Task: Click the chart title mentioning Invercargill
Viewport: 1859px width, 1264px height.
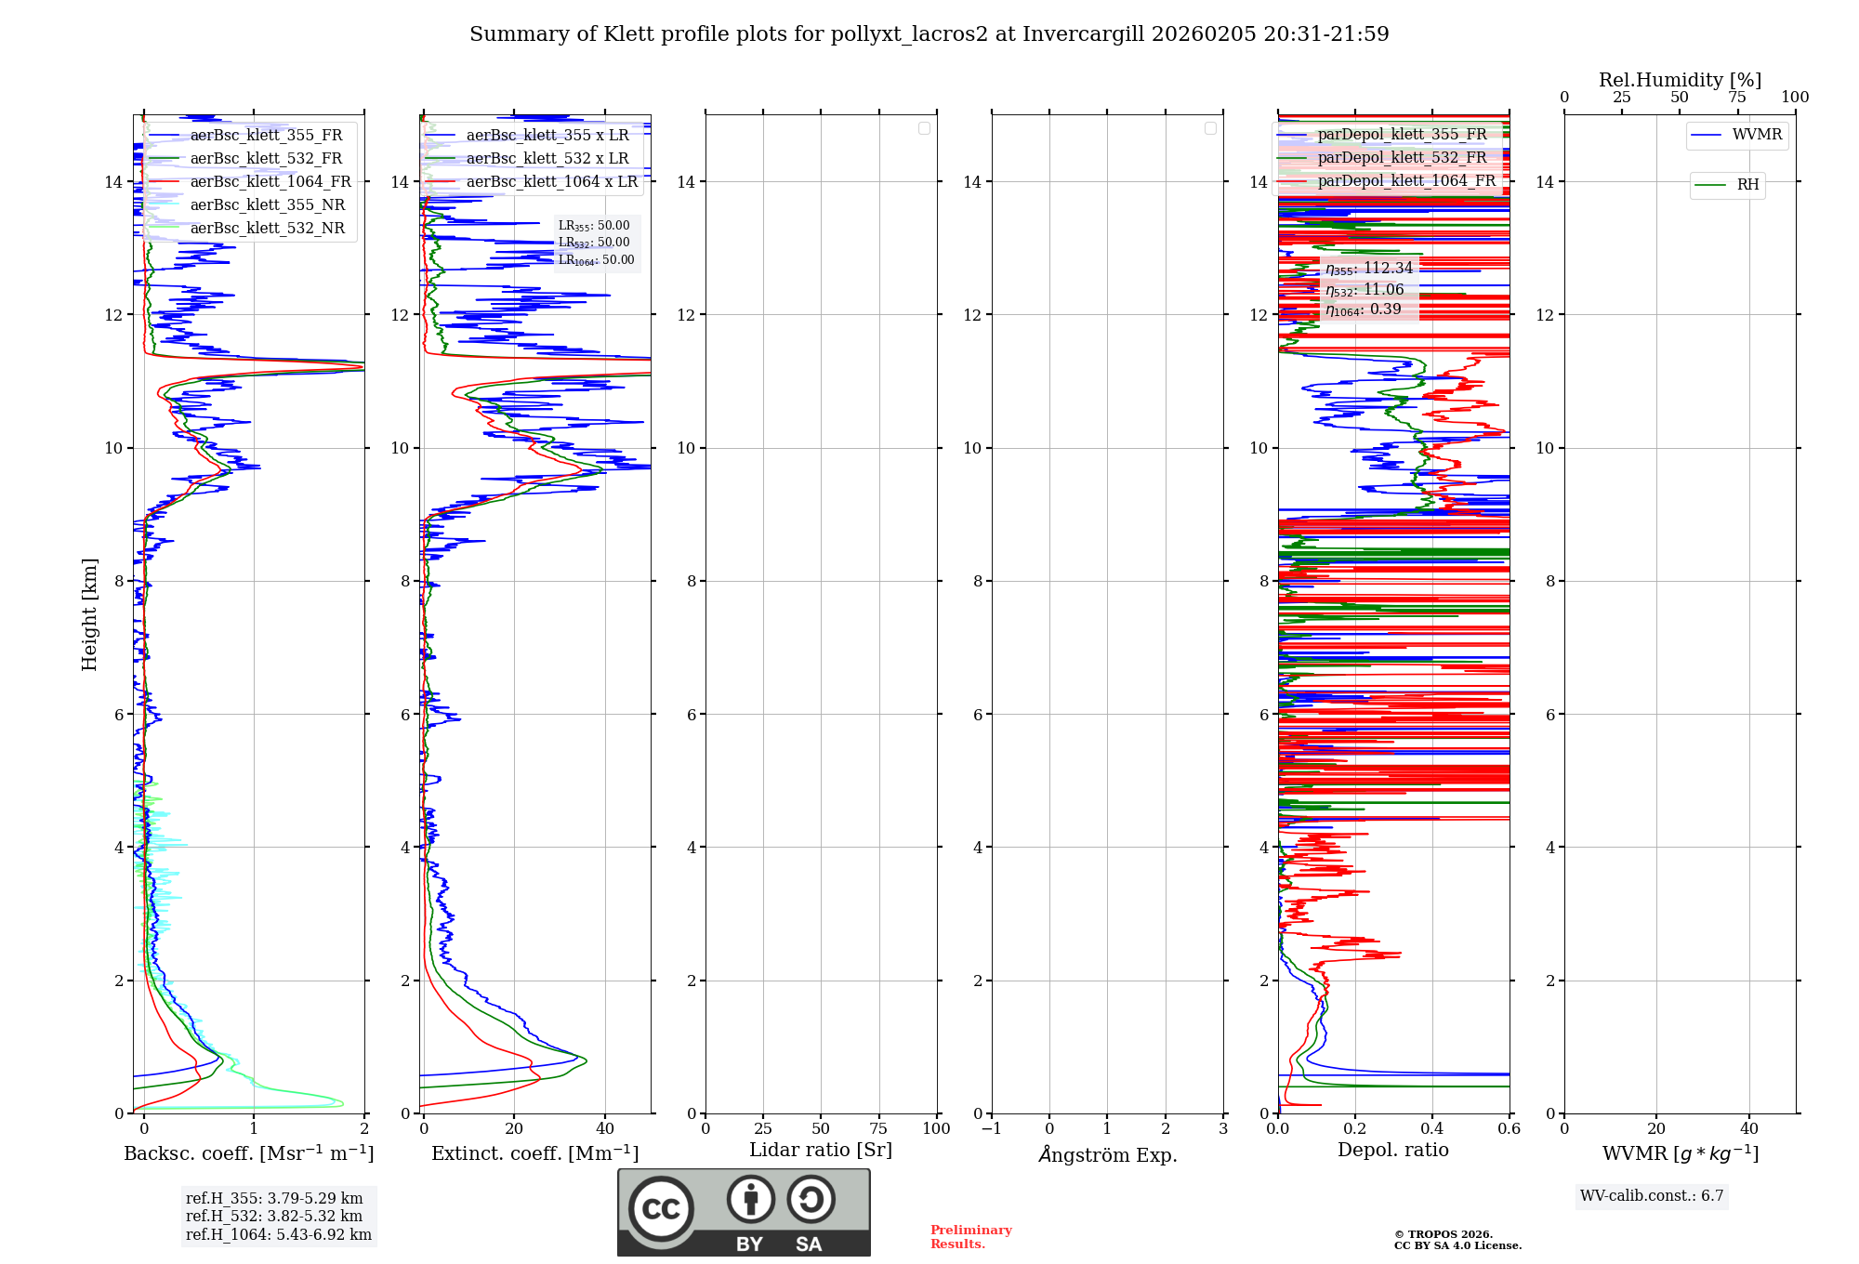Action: pyautogui.click(x=929, y=34)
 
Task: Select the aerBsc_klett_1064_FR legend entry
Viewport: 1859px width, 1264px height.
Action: pyautogui.click(x=270, y=182)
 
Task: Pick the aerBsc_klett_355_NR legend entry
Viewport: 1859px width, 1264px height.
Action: pyautogui.click(x=268, y=205)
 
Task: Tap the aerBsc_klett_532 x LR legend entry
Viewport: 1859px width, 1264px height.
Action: pyautogui.click(x=547, y=159)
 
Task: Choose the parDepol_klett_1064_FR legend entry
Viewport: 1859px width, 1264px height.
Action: pyautogui.click(x=1406, y=181)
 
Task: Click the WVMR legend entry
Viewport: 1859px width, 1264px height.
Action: pyautogui.click(x=1757, y=135)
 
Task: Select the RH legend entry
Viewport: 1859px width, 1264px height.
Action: pyautogui.click(x=1747, y=185)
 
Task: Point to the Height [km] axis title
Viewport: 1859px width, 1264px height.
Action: pyautogui.click(x=89, y=614)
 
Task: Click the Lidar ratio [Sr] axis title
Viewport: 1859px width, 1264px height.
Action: pyautogui.click(x=821, y=1151)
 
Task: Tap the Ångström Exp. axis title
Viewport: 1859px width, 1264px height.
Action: pyautogui.click(x=1107, y=1155)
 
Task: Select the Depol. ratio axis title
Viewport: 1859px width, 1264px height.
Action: pyautogui.click(x=1392, y=1151)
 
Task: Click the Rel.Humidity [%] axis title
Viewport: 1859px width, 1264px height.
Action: pyautogui.click(x=1680, y=81)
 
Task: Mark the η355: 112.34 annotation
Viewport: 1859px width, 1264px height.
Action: pyautogui.click(x=1368, y=269)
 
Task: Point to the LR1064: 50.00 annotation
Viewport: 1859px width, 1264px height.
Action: pyautogui.click(x=596, y=260)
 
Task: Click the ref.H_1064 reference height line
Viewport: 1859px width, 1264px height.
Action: pyautogui.click(x=278, y=1235)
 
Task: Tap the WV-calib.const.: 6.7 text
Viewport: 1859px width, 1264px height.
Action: pyautogui.click(x=1652, y=1196)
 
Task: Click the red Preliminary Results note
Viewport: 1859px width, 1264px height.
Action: pyautogui.click(x=970, y=1237)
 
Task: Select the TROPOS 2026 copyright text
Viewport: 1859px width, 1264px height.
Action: pyautogui.click(x=1457, y=1240)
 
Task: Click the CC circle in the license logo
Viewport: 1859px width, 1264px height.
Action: pyautogui.click(x=661, y=1209)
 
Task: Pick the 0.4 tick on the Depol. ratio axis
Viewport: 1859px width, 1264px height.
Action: pyautogui.click(x=1432, y=1129)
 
